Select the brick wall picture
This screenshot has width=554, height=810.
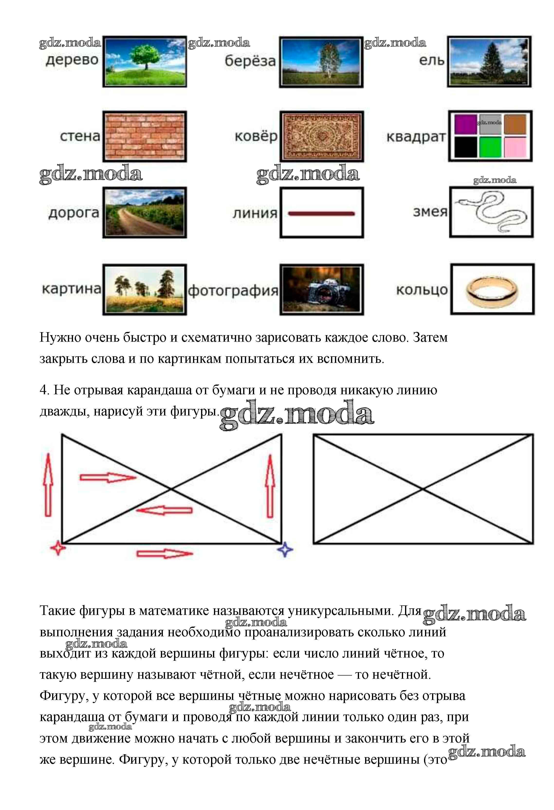(145, 136)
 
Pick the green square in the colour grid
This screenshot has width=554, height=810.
(490, 147)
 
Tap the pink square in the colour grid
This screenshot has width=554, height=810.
(515, 147)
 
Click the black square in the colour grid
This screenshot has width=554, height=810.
(465, 147)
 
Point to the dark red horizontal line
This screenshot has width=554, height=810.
(321, 214)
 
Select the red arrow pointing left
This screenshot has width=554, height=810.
(164, 511)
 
